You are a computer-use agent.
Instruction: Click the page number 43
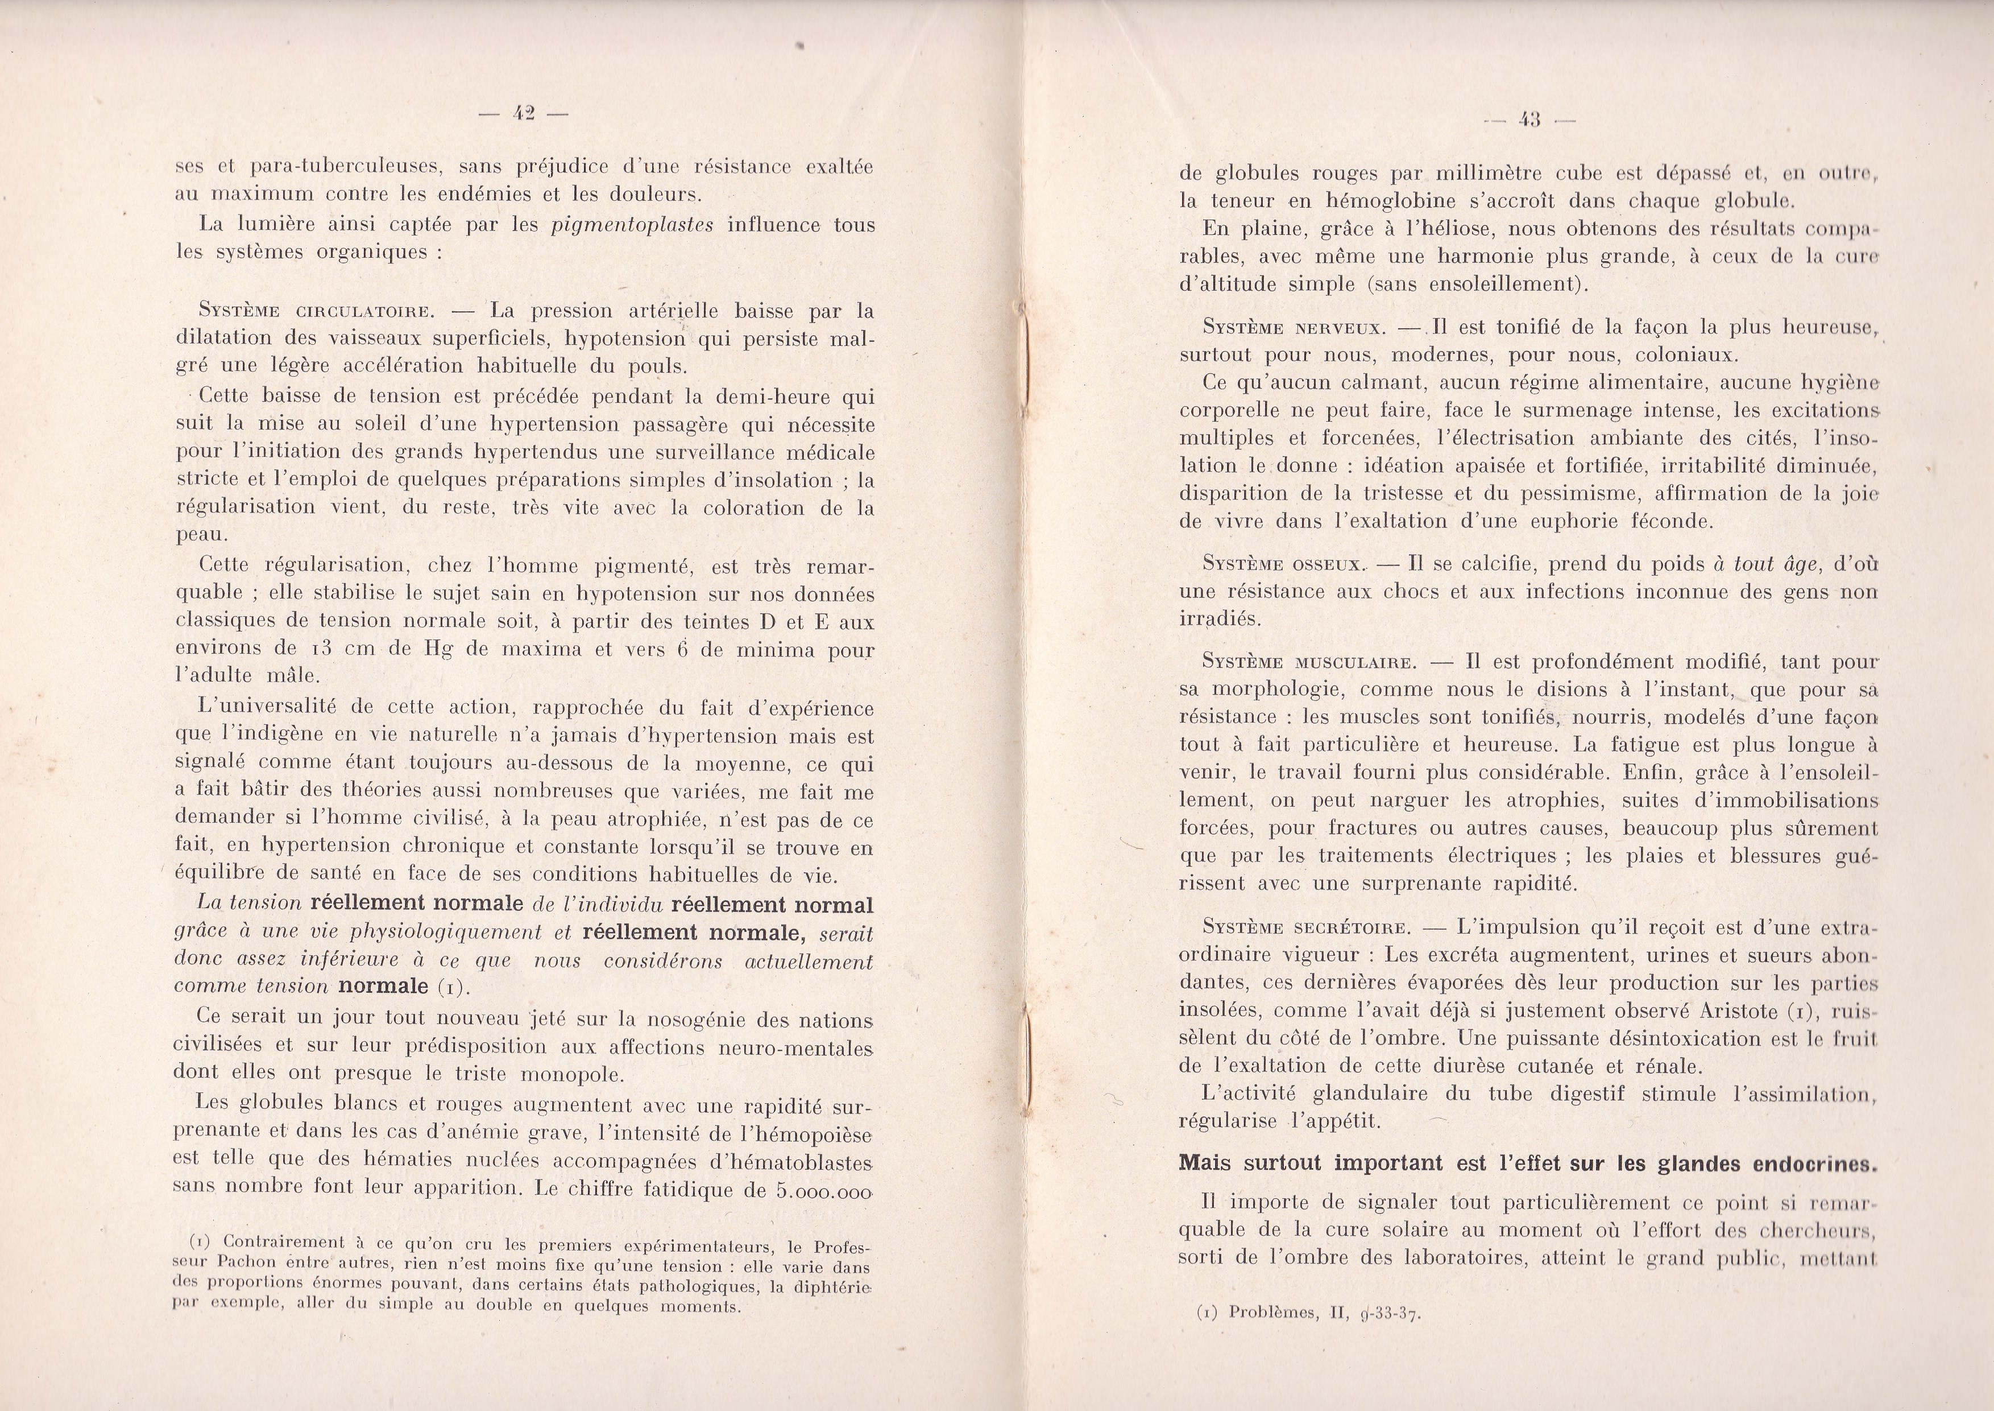tap(1528, 121)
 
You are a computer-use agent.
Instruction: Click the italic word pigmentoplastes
tap(632, 225)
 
